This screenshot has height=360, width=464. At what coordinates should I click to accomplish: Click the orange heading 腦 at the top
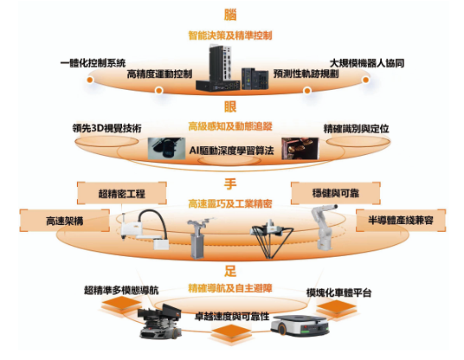pyautogui.click(x=230, y=14)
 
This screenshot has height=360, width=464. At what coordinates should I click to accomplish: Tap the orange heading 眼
pyautogui.click(x=230, y=106)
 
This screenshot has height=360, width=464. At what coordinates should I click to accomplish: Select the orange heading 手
pyautogui.click(x=230, y=183)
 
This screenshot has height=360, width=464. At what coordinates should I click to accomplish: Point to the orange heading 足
pyautogui.click(x=230, y=271)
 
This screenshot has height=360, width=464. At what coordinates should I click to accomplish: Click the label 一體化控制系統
pyautogui.click(x=93, y=63)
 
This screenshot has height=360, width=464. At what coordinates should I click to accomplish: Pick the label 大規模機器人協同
pyautogui.click(x=367, y=63)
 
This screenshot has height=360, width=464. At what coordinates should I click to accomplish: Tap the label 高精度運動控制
pyautogui.click(x=159, y=74)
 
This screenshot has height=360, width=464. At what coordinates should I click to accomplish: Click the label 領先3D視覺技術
pyautogui.click(x=106, y=128)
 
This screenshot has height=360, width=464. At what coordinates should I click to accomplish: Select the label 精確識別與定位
pyautogui.click(x=356, y=129)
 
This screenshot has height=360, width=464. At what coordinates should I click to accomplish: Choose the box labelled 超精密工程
pyautogui.click(x=121, y=194)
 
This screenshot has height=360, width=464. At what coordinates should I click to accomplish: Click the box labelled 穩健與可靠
pyautogui.click(x=336, y=193)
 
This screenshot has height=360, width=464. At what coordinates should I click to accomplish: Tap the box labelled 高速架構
pyautogui.click(x=65, y=221)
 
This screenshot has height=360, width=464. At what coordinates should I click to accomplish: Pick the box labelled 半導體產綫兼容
pyautogui.click(x=401, y=221)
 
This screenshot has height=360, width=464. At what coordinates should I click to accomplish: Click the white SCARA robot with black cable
pyautogui.click(x=145, y=229)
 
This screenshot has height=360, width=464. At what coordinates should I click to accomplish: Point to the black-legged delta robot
pyautogui.click(x=272, y=239)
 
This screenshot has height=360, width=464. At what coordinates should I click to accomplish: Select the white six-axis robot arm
pyautogui.click(x=324, y=226)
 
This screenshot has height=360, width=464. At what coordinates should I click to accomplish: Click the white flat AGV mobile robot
pyautogui.click(x=300, y=325)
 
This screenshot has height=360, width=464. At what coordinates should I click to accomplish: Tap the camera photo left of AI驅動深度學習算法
pyautogui.click(x=166, y=149)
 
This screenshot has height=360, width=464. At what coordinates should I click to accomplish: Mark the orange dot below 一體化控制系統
pyautogui.click(x=90, y=80)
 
